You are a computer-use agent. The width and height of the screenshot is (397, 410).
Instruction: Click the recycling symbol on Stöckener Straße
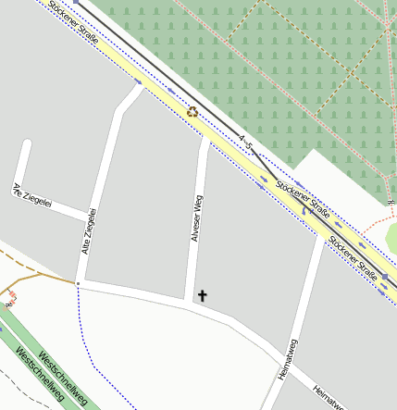(x=192, y=112)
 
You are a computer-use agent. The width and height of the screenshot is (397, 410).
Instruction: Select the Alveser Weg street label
(x=196, y=218)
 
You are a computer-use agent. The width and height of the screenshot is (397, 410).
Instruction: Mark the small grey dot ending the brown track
(x=78, y=282)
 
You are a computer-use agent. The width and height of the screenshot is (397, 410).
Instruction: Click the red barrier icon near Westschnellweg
(x=9, y=297)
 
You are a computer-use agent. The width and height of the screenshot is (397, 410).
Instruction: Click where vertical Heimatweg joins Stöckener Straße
(x=324, y=238)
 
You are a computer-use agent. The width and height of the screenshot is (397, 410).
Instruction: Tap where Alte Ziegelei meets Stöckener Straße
(x=139, y=88)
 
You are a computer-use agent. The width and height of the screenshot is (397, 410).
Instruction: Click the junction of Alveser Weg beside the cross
(x=191, y=302)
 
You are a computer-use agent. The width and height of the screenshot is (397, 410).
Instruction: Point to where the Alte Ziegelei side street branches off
(x=88, y=220)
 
